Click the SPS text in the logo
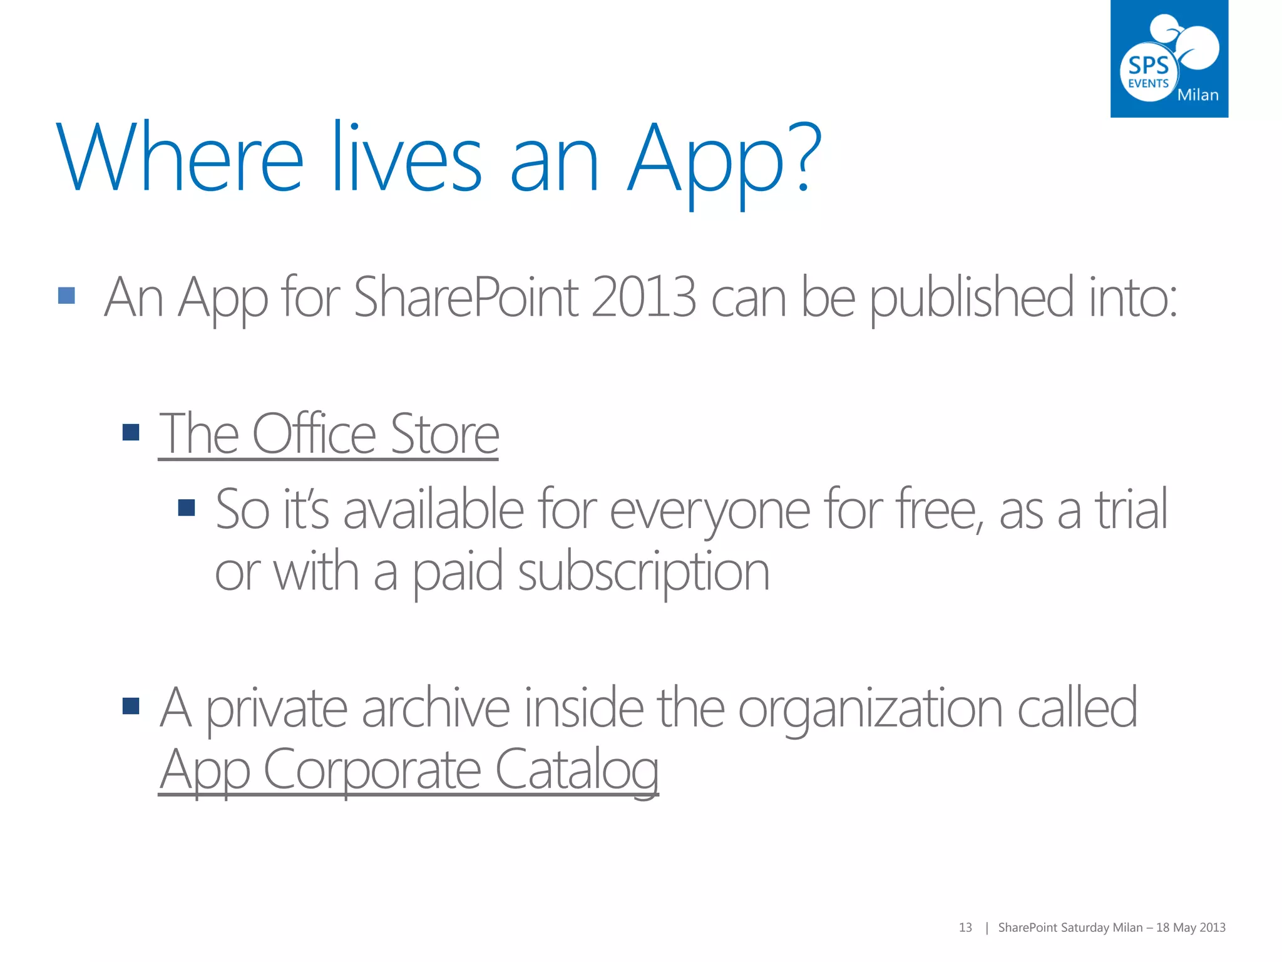point(1148,65)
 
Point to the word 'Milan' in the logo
point(1197,95)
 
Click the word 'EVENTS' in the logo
point(1148,83)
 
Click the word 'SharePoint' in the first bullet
point(466,297)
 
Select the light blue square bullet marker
point(66,296)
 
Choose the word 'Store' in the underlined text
point(444,433)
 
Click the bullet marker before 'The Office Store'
point(131,432)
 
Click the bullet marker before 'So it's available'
point(187,507)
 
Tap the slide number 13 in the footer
point(965,928)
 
